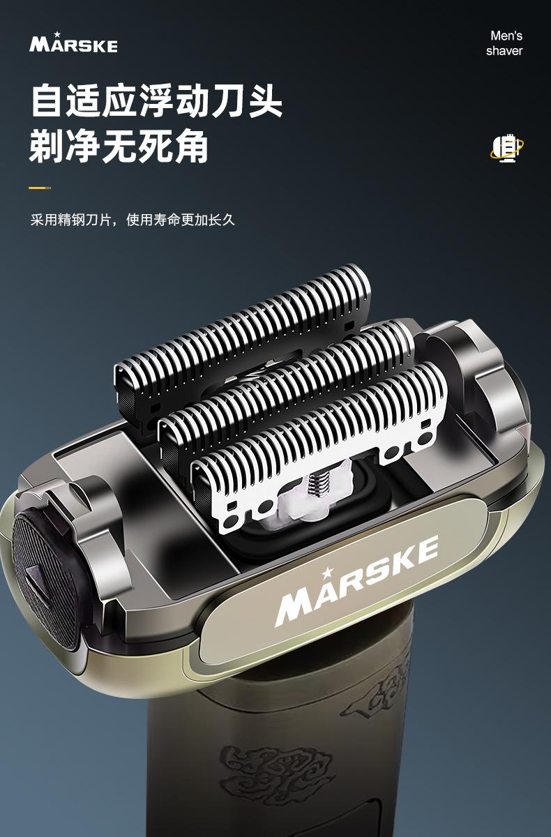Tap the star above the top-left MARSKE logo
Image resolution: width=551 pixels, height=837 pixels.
[x=57, y=34]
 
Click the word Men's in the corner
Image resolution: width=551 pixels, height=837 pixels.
[x=506, y=36]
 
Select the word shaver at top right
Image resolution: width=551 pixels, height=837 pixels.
[x=504, y=51]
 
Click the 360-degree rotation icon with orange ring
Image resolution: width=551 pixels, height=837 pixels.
[x=506, y=149]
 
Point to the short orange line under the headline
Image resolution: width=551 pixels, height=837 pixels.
[x=40, y=188]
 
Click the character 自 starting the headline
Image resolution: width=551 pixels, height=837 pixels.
[x=46, y=100]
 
